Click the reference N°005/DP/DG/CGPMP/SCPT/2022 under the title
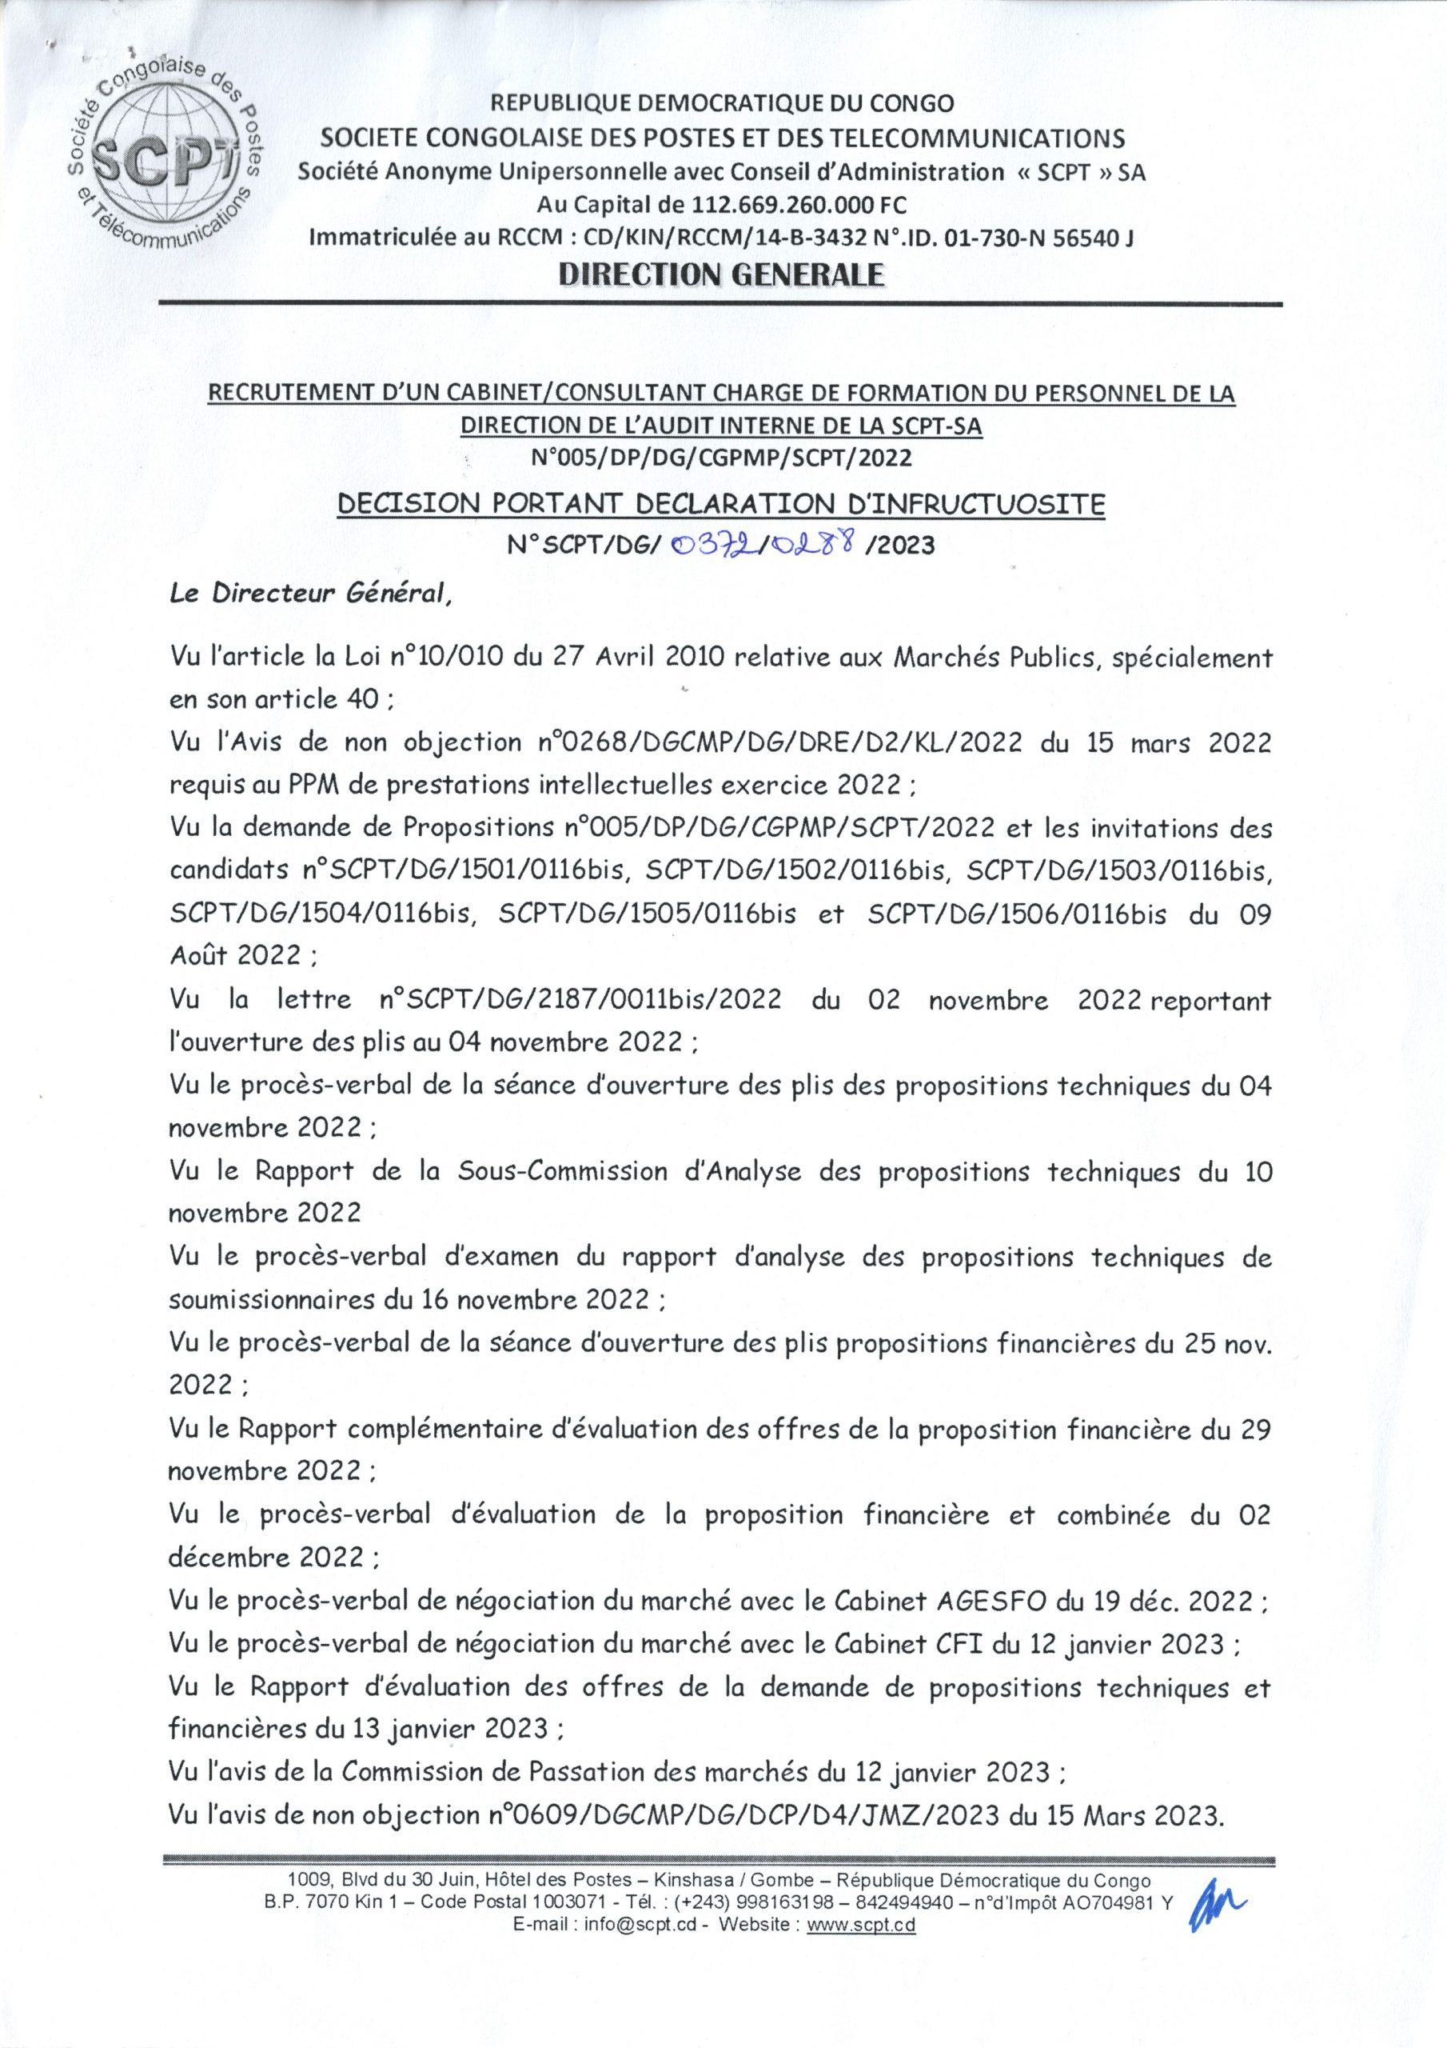721,458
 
